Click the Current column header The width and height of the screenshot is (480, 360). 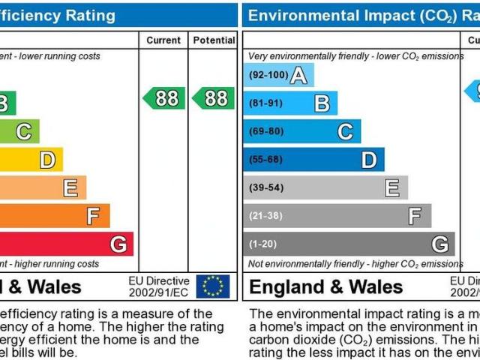[x=163, y=40]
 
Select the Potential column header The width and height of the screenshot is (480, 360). [x=214, y=40]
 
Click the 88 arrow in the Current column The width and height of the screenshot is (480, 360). [x=164, y=98]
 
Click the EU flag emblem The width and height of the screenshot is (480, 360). [x=213, y=286]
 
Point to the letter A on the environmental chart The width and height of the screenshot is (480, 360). [x=298, y=75]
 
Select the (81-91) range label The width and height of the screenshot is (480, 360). [x=265, y=103]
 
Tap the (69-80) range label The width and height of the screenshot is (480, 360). [x=265, y=132]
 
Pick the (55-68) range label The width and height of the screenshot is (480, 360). [x=265, y=160]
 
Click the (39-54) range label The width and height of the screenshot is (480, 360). [x=265, y=188]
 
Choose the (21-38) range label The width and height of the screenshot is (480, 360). [x=265, y=216]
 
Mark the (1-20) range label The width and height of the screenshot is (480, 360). [x=262, y=244]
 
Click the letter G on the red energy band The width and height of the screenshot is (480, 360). [x=118, y=244]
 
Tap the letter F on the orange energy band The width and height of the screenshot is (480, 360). [x=93, y=216]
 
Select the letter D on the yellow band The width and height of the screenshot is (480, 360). [x=46, y=160]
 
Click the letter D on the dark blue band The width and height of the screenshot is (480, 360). [x=368, y=160]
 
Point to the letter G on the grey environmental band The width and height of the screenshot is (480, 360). [x=440, y=244]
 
